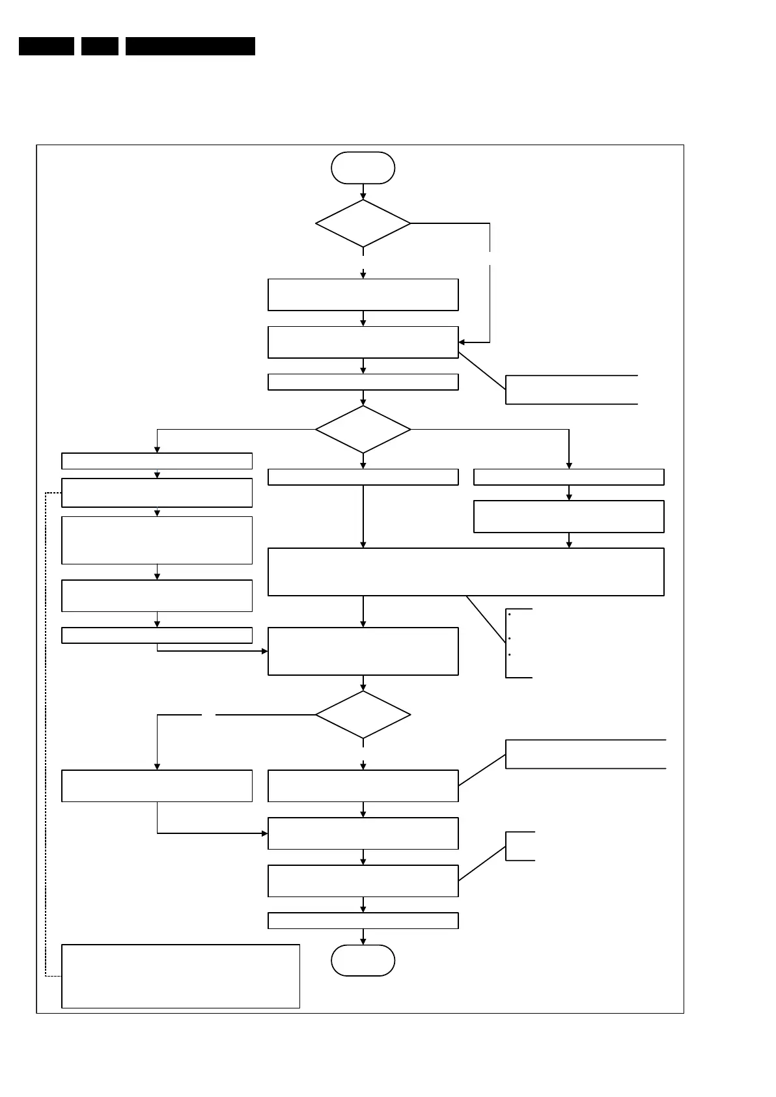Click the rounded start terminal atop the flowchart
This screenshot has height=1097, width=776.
[x=363, y=168]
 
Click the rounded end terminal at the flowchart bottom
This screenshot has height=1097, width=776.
[x=363, y=960]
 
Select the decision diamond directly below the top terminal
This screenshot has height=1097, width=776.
[x=363, y=223]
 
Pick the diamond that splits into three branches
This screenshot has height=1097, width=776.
[x=363, y=429]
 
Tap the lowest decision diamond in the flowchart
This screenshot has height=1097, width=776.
[x=363, y=714]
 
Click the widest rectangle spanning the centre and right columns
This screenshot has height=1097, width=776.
[x=465, y=572]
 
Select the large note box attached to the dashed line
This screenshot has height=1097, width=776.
[x=180, y=976]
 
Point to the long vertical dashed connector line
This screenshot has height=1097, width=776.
[x=45, y=736]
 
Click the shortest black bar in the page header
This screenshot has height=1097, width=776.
[x=100, y=46]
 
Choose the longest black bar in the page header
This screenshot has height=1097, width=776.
[x=190, y=46]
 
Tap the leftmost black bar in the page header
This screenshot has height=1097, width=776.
[x=46, y=46]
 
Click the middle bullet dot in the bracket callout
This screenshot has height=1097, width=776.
[x=509, y=639]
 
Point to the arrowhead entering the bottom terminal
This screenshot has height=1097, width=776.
[x=363, y=941]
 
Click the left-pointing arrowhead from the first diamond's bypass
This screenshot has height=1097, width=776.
[x=462, y=342]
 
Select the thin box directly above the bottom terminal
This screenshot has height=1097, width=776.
[x=363, y=921]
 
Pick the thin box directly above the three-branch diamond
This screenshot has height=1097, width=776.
[x=363, y=382]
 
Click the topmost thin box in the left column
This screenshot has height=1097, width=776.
[x=156, y=461]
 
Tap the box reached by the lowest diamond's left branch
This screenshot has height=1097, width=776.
[x=156, y=786]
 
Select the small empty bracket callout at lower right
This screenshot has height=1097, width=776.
[x=520, y=846]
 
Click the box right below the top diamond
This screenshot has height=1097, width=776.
[x=363, y=295]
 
